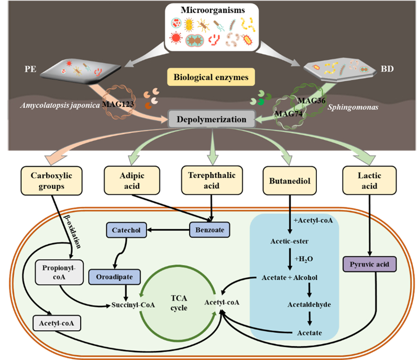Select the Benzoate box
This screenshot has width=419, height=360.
(x=212, y=229)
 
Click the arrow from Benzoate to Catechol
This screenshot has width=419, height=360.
(x=169, y=229)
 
